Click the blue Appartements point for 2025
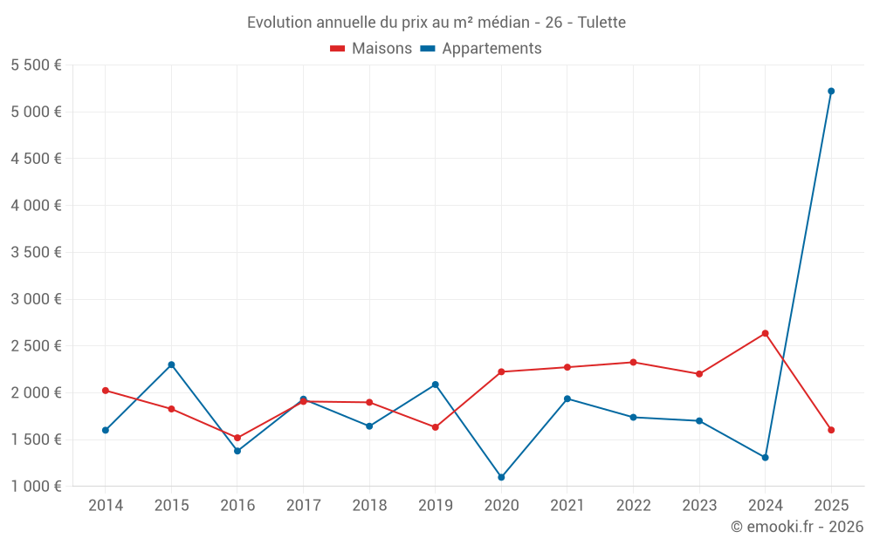point(831,91)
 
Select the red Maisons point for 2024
point(765,333)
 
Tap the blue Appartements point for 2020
point(501,477)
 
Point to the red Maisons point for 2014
point(105,391)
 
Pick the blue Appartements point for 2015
point(171,364)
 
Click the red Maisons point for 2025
point(831,430)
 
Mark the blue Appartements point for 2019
point(435,385)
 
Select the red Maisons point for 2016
point(237,438)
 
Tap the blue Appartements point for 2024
point(765,457)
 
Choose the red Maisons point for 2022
point(633,362)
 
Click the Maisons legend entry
point(371,49)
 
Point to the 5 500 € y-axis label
point(36,65)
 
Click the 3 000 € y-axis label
point(36,299)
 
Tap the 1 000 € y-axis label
point(36,487)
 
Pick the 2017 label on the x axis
point(303,506)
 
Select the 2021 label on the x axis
point(567,506)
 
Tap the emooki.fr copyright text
point(797,527)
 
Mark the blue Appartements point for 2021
point(567,399)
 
